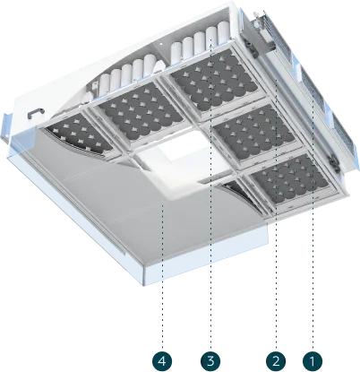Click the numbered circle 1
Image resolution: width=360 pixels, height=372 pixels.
(313, 361)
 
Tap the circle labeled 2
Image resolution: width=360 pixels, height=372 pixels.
(276, 361)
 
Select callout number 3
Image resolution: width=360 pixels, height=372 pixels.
(210, 361)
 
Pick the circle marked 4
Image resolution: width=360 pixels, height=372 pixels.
(162, 361)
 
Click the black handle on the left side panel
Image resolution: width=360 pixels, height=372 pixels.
(37, 112)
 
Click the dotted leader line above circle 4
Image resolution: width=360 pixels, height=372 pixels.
(163, 275)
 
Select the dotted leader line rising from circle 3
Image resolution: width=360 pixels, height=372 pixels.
(210, 194)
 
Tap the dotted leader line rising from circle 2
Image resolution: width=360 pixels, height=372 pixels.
(276, 213)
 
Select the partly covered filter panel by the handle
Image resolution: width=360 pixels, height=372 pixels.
(80, 135)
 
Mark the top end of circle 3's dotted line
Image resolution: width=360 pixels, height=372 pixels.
(210, 40)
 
